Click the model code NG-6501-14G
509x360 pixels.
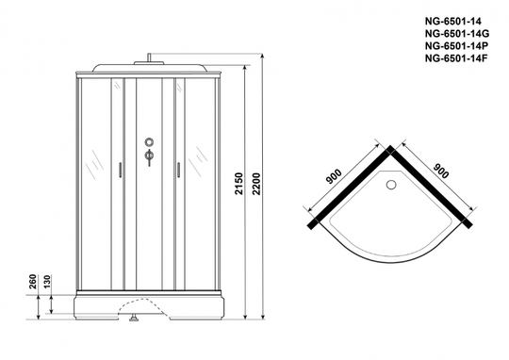click(x=457, y=33)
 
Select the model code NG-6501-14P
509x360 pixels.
click(x=456, y=46)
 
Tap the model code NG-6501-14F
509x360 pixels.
click(x=456, y=58)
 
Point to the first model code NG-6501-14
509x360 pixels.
click(x=453, y=21)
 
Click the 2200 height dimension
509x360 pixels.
click(x=256, y=184)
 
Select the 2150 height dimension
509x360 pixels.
click(x=238, y=184)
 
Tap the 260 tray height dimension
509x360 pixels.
click(x=32, y=282)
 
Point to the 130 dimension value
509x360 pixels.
click(x=47, y=282)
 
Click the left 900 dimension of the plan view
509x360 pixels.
click(x=334, y=176)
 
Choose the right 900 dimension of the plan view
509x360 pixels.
click(x=441, y=172)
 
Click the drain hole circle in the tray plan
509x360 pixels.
click(x=391, y=185)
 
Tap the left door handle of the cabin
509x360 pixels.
click(x=120, y=170)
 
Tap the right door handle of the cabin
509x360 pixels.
click(x=178, y=170)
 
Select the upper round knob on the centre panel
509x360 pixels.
click(x=149, y=142)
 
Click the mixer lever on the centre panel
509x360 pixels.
click(x=149, y=157)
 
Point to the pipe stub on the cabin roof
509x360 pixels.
click(x=149, y=57)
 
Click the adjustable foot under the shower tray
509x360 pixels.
click(x=134, y=318)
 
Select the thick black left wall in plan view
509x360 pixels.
click(x=351, y=188)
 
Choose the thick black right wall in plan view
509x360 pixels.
click(x=431, y=188)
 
